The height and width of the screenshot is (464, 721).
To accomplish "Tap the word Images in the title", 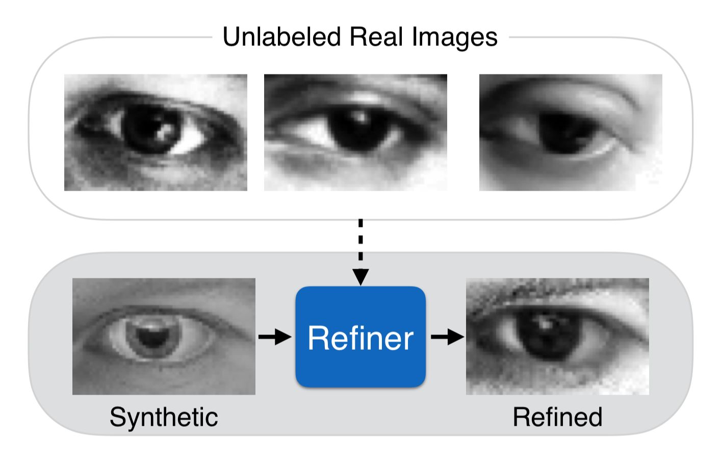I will pos(455,37).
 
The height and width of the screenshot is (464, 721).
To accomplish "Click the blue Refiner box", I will pos(360,337).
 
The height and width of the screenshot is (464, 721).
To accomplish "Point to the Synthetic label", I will pos(164,417).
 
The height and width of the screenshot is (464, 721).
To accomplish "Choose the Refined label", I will pos(557,417).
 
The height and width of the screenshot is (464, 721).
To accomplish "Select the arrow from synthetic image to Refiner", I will pos(275,337).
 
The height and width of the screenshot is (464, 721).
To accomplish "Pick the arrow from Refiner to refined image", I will pos(447,337).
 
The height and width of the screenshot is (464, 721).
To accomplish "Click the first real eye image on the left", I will pos(156,133).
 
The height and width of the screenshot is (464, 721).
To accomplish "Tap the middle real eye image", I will pos(355,133).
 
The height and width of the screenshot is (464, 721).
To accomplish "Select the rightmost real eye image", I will pos(571,133).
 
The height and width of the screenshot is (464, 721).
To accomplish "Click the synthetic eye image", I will pos(164,337).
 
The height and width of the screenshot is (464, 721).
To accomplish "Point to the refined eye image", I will pos(557,337).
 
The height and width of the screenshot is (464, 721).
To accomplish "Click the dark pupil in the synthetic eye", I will pos(151,337).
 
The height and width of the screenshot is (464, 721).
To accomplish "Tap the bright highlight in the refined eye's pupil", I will pos(545,322).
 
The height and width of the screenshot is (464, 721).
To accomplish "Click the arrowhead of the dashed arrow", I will pos(360,277).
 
